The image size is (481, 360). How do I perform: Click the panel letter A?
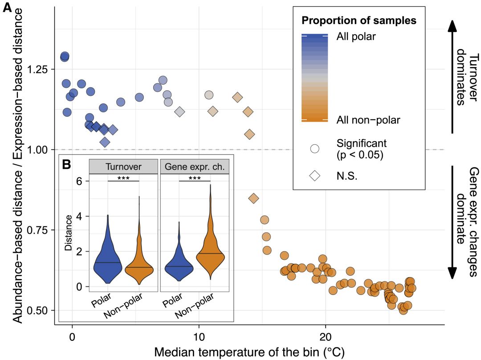[8, 8]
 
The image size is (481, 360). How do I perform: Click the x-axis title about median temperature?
[249, 352]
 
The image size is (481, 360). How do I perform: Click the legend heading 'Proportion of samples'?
[359, 20]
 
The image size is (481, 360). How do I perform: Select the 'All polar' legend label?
[356, 37]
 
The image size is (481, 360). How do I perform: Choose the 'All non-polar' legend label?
[368, 120]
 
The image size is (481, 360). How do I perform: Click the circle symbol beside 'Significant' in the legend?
[315, 148]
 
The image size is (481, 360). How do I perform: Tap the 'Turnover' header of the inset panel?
[123, 166]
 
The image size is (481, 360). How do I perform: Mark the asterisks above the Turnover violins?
[123, 178]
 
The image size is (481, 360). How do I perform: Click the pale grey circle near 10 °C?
[209, 95]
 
